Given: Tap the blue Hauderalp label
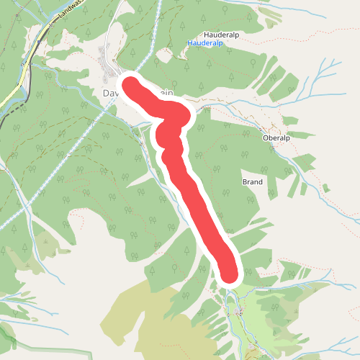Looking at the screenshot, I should (204, 43).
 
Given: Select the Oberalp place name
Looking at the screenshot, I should (276, 138).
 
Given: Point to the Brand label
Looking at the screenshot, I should (252, 182).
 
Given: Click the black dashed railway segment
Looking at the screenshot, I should (11, 114).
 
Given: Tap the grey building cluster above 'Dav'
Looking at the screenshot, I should (110, 71).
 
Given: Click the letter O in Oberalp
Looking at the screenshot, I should (266, 138).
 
